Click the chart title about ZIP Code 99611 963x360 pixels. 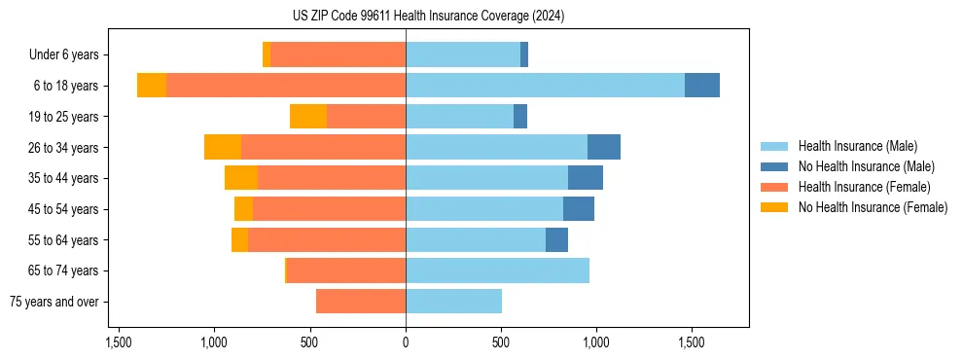click(x=428, y=17)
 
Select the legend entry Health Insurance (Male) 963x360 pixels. click(x=857, y=146)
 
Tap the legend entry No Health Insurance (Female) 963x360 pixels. click(x=873, y=207)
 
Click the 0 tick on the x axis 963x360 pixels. click(x=406, y=342)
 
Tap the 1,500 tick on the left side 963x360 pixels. click(x=119, y=342)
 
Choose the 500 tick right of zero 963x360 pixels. click(x=501, y=342)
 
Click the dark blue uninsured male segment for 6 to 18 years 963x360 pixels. click(x=702, y=86)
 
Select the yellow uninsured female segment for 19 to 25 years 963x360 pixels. click(x=308, y=117)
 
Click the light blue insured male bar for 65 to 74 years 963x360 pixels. click(x=497, y=270)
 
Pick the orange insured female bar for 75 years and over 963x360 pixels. click(x=361, y=302)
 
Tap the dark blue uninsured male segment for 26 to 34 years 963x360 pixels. click(x=604, y=147)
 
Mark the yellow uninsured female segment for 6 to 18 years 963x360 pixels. click(x=152, y=86)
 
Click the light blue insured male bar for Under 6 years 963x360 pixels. click(x=463, y=55)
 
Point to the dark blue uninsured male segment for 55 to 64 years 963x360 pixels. click(x=556, y=239)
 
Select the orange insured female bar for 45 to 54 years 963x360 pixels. click(x=329, y=209)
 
